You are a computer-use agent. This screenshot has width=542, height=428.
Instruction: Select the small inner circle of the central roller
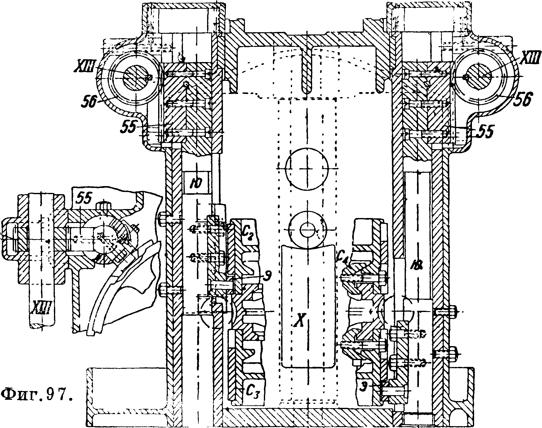coord(307,230)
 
